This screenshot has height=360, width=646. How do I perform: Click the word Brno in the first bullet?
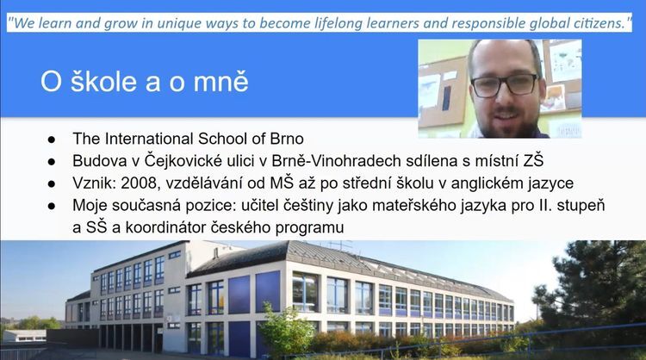coord(287,139)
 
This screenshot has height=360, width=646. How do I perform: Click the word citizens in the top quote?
coord(598,23)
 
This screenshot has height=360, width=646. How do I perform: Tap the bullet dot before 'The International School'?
coord(52,140)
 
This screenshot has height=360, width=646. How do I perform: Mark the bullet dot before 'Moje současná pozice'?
coord(52,207)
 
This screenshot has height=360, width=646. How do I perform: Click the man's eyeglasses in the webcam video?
coord(504,84)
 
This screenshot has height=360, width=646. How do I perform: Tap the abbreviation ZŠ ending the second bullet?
coord(533,160)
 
